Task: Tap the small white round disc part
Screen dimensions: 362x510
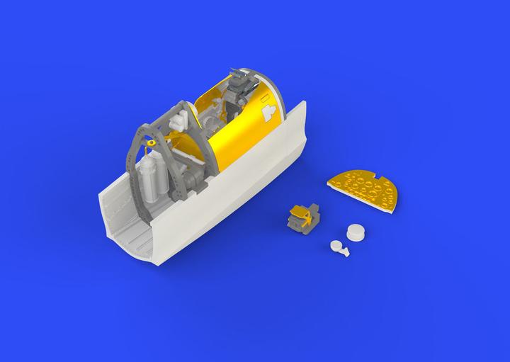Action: (355, 233)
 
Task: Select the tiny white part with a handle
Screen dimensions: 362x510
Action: (339, 249)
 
